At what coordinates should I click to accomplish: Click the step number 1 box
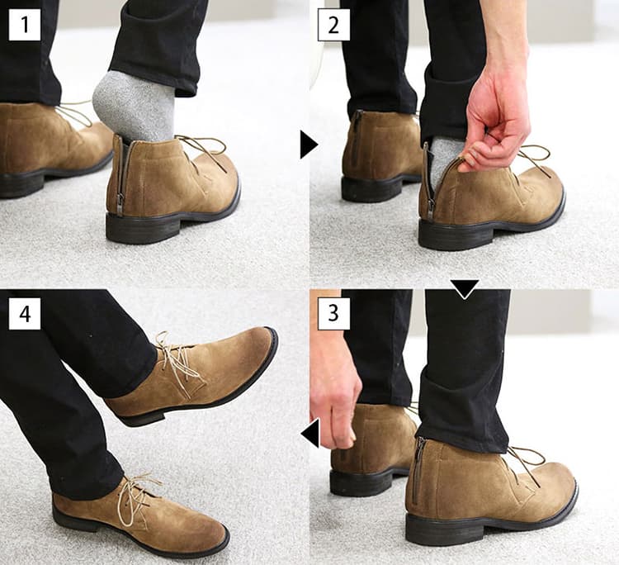pyautogui.click(x=25, y=25)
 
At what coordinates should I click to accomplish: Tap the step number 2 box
pyautogui.click(x=333, y=25)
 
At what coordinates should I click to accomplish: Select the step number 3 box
pyautogui.click(x=333, y=314)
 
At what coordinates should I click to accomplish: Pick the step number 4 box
pyautogui.click(x=25, y=314)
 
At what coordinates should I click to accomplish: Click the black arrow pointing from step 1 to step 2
pyautogui.click(x=308, y=145)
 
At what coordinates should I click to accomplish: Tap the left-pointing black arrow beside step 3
pyautogui.click(x=310, y=434)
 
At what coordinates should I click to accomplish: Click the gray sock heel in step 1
pyautogui.click(x=135, y=107)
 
